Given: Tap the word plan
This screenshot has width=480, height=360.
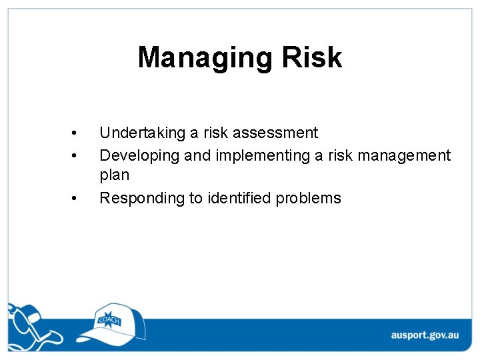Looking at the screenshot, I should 114,175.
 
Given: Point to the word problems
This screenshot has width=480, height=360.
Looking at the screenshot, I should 309,198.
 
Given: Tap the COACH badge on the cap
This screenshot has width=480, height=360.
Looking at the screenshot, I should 108,319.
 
